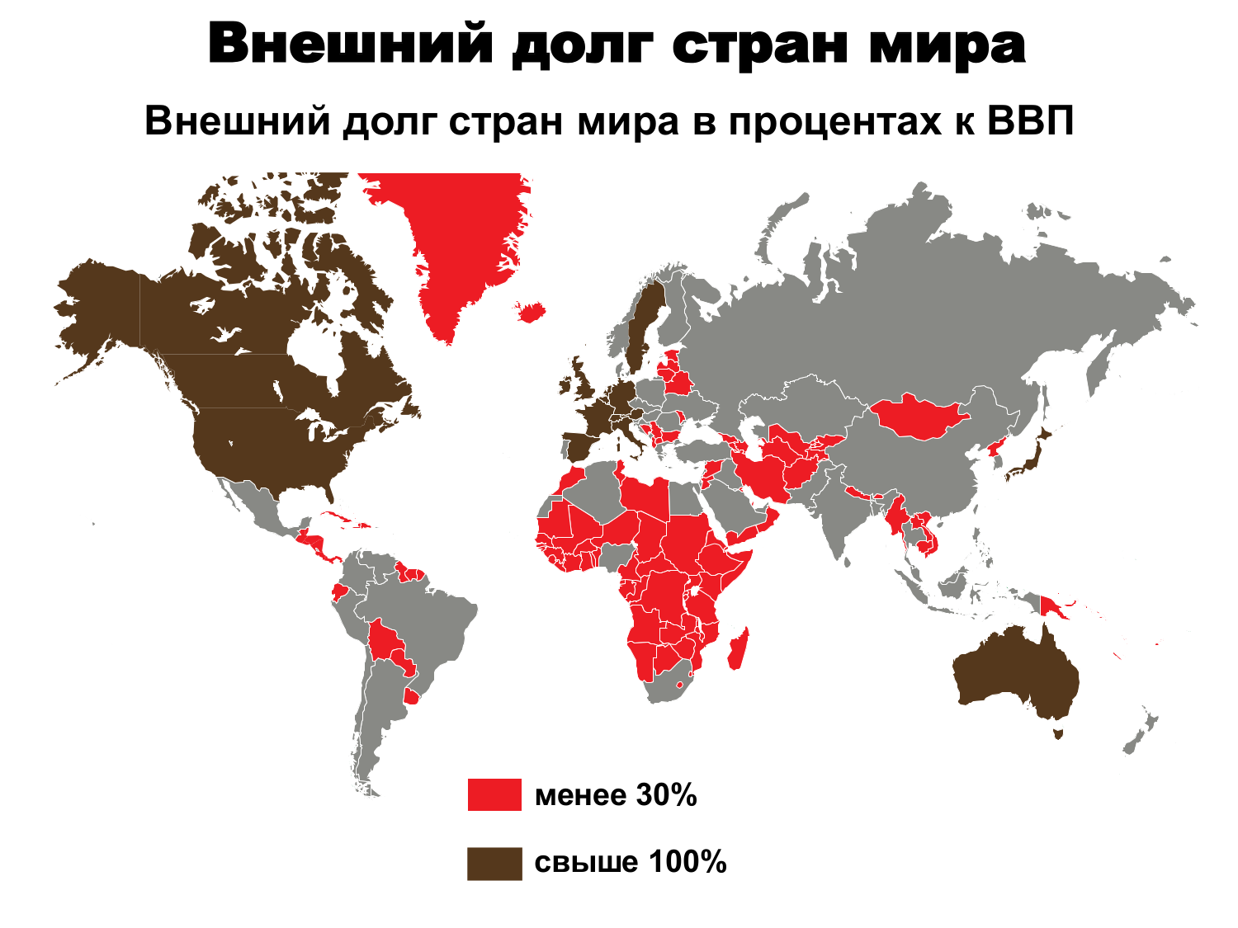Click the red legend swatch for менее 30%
coord(494,794)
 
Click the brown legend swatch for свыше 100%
coord(494,863)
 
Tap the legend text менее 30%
coord(616,795)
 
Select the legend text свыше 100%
coord(631,863)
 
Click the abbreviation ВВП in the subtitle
coord(1029,122)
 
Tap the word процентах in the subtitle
coord(831,123)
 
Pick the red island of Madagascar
coord(739,648)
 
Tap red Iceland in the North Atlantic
coord(531,312)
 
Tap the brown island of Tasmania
coord(1057,733)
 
